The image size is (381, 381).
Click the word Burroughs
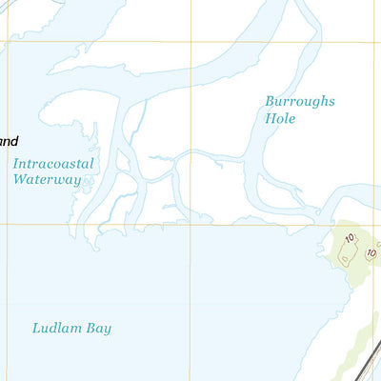(301, 102)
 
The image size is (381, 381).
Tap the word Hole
(281, 119)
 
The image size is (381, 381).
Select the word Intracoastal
(53, 164)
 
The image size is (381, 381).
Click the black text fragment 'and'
(9, 142)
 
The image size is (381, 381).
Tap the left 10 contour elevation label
(350, 238)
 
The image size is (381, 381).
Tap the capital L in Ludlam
(36, 329)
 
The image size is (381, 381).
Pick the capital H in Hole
(270, 119)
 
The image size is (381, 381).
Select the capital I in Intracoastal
(16, 164)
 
